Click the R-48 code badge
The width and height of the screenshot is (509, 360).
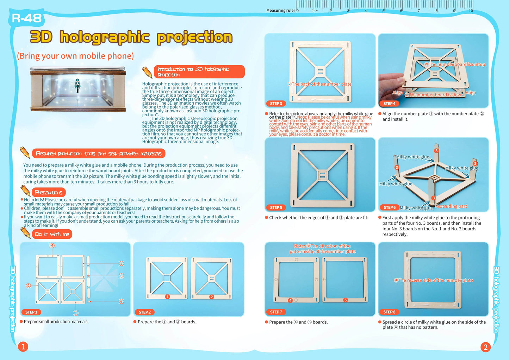click(27, 18)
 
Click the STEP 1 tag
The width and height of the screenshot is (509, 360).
click(31, 312)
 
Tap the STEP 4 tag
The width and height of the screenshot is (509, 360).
click(389, 104)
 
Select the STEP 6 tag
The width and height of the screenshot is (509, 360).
click(389, 207)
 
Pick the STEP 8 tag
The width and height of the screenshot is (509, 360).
click(389, 312)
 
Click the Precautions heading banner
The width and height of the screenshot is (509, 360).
click(49, 192)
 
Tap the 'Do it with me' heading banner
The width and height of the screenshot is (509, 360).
click(52, 234)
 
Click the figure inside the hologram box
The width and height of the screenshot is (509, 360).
click(77, 86)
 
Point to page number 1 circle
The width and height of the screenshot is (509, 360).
click(23, 347)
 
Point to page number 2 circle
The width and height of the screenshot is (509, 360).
click(485, 347)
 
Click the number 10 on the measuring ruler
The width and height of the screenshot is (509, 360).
click(471, 11)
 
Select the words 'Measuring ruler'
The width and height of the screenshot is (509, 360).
click(280, 11)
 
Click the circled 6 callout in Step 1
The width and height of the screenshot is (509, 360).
click(122, 301)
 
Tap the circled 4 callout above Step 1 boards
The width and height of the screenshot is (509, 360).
click(52, 246)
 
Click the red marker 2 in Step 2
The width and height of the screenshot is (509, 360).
click(212, 297)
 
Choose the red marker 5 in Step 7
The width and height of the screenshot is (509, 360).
click(346, 300)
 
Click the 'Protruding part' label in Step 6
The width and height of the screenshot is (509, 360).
click(451, 206)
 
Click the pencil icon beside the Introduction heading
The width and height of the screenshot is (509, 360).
click(147, 72)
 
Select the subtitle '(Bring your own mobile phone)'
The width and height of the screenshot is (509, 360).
click(75, 56)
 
